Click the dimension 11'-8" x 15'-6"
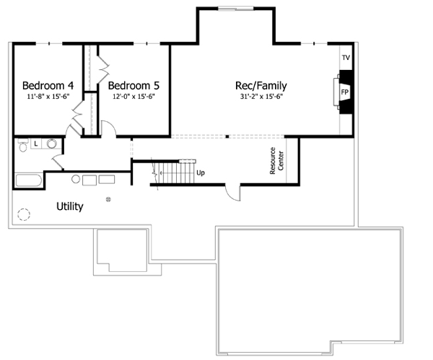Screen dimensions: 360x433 pos(48,95)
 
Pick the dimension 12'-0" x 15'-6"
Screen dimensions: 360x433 pos(134,95)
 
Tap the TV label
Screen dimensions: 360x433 pos(346,57)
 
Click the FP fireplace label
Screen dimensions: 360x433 pos(345,93)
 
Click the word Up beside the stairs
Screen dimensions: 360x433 pos(199,173)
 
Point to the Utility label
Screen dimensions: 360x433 pos(70,206)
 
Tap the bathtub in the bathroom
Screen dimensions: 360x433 pos(27,180)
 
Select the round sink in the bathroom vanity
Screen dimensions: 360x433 pos(51,144)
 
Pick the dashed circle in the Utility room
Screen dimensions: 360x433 pos(24,214)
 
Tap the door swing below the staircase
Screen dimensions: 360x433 pos(232,191)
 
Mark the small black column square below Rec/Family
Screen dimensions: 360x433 pos(227,136)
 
